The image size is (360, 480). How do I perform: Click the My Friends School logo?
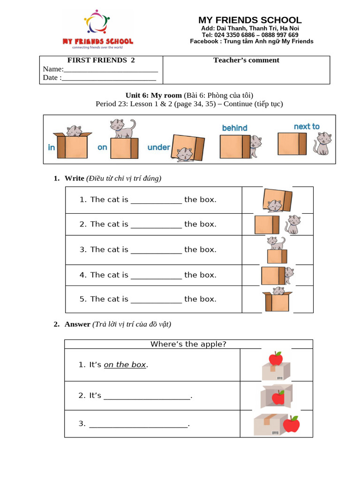pyautogui.click(x=97, y=29)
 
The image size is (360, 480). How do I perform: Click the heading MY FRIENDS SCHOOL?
pyautogui.click(x=250, y=20)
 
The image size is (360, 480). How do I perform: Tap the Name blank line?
pyautogui.click(x=111, y=69)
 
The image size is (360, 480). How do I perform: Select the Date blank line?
pyautogui.click(x=109, y=78)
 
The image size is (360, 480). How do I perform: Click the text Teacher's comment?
pyautogui.click(x=246, y=60)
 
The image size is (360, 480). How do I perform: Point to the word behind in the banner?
pyautogui.click(x=234, y=128)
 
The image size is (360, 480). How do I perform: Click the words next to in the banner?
pyautogui.click(x=307, y=127)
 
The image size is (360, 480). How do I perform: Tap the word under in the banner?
pyautogui.click(x=158, y=147)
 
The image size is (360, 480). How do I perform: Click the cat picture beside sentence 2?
pyautogui.click(x=292, y=224)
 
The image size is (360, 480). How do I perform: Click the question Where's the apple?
pyautogui.click(x=188, y=344)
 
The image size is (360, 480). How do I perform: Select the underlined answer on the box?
pyautogui.click(x=125, y=365)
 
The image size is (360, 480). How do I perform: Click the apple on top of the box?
pyautogui.click(x=276, y=359)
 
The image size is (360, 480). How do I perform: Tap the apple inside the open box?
pyautogui.click(x=278, y=397)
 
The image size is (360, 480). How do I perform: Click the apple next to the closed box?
pyautogui.click(x=292, y=425)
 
